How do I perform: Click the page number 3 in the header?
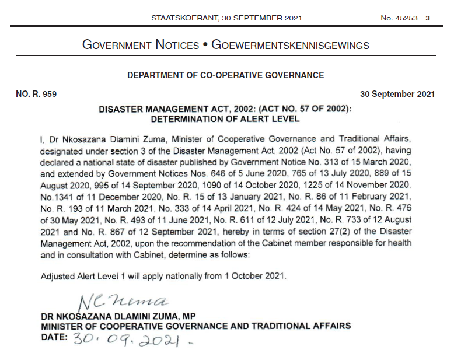tap(428, 18)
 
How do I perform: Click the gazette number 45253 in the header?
tap(406, 18)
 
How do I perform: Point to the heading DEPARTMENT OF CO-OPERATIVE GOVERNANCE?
tap(225, 75)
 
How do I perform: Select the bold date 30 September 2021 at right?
tap(397, 94)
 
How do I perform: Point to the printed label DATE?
tap(54, 337)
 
